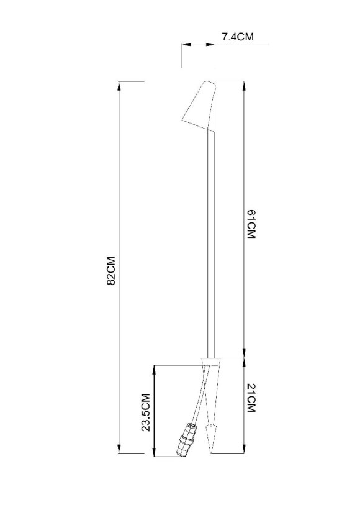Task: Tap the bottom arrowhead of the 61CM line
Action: [244, 353]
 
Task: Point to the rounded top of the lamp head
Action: [209, 82]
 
